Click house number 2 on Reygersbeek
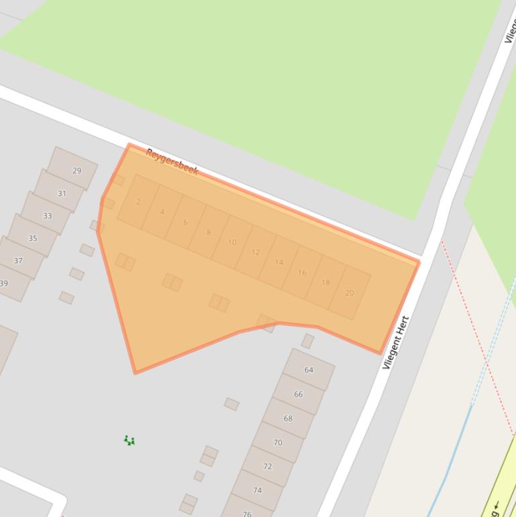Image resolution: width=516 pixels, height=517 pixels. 138,201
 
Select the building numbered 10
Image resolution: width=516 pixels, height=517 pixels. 231,242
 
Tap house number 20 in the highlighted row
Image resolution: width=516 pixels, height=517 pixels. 349,293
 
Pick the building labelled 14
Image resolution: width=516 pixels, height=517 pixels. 278,262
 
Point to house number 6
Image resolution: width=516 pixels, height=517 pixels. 185,222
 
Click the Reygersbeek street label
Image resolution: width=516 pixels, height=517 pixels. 172,162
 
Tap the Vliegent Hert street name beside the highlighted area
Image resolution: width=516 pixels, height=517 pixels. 395,342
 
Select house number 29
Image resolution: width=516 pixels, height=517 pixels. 76,171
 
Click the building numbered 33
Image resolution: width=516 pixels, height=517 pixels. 47,216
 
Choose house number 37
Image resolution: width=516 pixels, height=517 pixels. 18,261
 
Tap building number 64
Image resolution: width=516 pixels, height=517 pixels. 309,370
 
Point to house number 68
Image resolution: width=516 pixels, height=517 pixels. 288,418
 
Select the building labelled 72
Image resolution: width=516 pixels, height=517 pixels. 267,466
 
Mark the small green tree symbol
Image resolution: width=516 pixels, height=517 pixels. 130,440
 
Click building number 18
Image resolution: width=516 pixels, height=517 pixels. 325,282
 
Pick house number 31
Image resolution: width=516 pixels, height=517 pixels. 62,193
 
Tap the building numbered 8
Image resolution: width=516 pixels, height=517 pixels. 209,232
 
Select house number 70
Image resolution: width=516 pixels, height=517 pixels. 278,442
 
